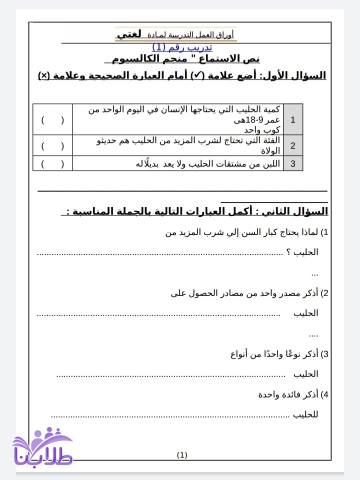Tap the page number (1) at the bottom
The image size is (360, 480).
pos(182,455)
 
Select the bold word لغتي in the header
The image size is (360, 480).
pos(128,34)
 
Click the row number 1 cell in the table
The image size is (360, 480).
pos(293,119)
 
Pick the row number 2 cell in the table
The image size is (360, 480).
pos(293,146)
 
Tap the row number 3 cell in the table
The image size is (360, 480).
pos(293,163)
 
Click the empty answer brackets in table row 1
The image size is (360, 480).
pos(52,120)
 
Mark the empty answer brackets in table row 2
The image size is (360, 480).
pos(52,146)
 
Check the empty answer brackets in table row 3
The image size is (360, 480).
pos(52,163)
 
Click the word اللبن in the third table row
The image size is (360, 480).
pos(270,163)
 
